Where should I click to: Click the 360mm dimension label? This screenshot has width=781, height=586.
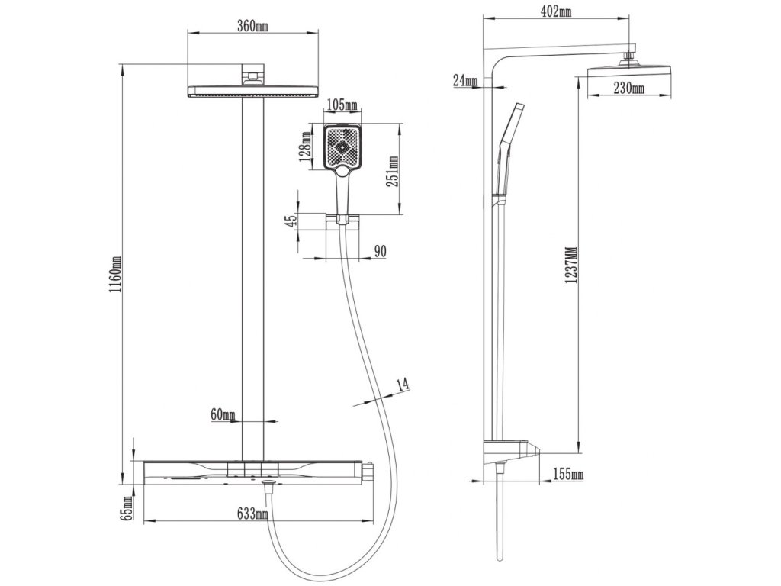pos(252,25)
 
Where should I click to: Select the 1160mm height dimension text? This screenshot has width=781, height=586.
pos(114,275)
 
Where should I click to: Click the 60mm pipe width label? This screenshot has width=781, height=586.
pos(223,414)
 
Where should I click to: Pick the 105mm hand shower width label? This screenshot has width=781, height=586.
pos(341,105)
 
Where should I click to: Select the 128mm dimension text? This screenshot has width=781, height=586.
pos(306,146)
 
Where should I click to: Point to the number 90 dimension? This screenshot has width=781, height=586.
pos(380,253)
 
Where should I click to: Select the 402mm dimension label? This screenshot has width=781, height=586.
pos(558,11)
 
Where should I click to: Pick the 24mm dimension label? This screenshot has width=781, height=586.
pos(464,80)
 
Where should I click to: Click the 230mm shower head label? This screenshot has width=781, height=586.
pos(628,89)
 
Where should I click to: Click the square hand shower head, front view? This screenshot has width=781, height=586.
pos(342,147)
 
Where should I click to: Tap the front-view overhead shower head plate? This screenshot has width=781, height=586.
pos(252,91)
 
